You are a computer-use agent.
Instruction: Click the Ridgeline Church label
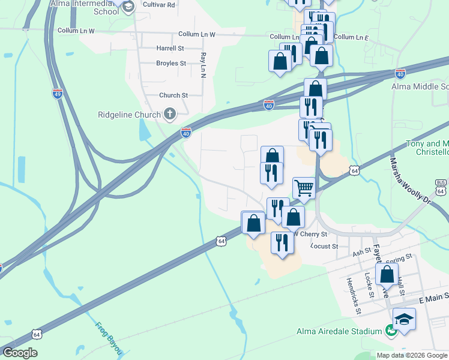(x=129, y=115)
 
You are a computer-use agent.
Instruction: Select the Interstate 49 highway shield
(x=57, y=94)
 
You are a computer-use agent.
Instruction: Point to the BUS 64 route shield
(x=441, y=187)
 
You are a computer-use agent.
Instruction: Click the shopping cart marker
(x=304, y=187)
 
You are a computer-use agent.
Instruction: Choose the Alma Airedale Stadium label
(x=339, y=331)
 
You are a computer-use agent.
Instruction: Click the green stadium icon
(x=391, y=330)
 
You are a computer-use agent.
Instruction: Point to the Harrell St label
(x=170, y=48)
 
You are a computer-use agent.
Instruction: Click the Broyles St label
(x=171, y=63)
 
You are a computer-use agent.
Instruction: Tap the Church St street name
(x=173, y=95)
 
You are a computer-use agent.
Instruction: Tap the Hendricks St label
(x=352, y=296)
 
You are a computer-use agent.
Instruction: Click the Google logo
(x=20, y=353)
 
